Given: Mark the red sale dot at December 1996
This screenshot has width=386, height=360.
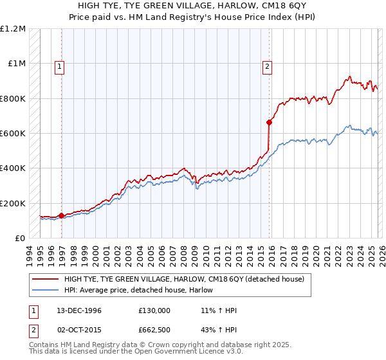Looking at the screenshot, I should click(x=62, y=215).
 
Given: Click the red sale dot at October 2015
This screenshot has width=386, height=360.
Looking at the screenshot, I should click(x=269, y=122).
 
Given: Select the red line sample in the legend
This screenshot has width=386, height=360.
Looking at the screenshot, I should click(x=45, y=279).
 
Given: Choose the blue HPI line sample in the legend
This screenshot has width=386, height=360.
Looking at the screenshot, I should click(x=45, y=290).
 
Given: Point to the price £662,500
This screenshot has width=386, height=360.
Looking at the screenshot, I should click(x=154, y=331).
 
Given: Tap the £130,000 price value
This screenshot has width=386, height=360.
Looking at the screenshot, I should click(x=154, y=310).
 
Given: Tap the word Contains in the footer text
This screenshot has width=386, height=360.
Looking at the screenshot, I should click(x=45, y=346).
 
